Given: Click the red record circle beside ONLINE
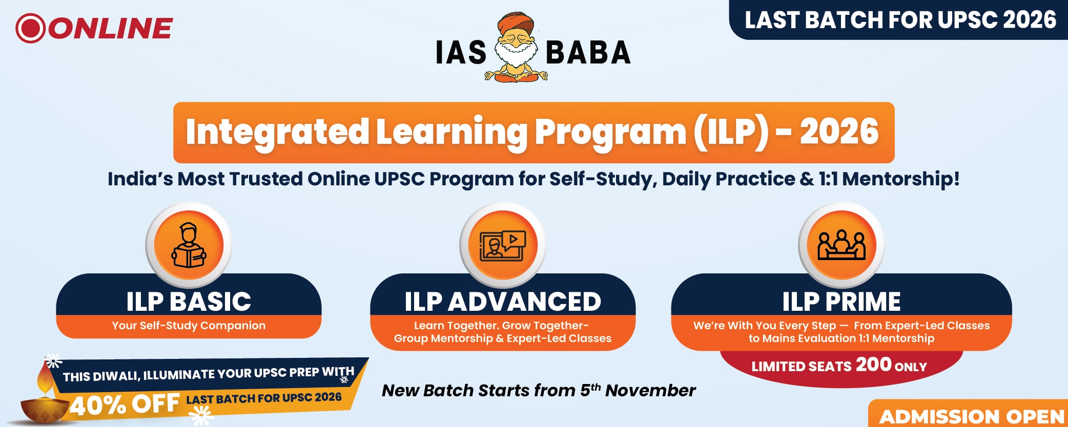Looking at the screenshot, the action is tap(31, 28).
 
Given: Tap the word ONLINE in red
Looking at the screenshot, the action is tap(111, 28).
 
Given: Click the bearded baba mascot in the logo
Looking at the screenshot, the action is tap(516, 47).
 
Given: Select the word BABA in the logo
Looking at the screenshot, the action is tap(588, 53).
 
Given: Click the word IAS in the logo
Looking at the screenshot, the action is tap(461, 53).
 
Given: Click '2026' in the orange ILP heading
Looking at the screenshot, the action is tap(839, 132).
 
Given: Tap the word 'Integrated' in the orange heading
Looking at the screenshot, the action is tap(277, 133).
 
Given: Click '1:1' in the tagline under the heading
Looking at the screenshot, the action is tap(827, 179).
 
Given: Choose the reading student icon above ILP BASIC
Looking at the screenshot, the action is tap(189, 245).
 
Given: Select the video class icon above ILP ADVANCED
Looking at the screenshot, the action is tap(503, 245).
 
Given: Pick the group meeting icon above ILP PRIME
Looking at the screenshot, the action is tap(841, 245).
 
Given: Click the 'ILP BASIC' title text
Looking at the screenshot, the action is tap(189, 301).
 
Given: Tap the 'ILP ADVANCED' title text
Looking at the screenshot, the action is tap(503, 301).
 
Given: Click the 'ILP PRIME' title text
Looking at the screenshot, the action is tap(841, 301).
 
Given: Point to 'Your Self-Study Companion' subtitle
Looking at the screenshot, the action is tap(189, 326).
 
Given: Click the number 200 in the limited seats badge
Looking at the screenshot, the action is tap(874, 365).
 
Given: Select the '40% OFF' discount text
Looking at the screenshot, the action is tap(125, 404).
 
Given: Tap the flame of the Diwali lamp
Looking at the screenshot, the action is tap(45, 379).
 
